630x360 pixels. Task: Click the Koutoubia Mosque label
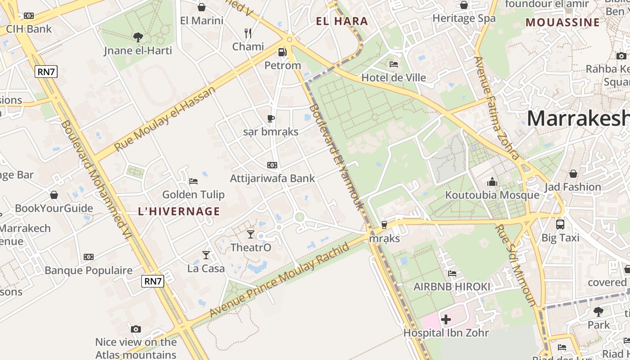492,195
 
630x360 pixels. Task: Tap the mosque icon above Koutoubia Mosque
492,182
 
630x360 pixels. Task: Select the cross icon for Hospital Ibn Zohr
446,319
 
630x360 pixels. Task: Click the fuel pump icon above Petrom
283,52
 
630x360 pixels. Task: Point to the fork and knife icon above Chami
247,33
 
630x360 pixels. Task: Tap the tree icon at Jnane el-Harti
138,37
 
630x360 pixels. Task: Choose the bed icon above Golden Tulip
193,181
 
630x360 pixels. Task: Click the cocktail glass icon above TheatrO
251,234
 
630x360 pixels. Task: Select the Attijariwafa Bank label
272,178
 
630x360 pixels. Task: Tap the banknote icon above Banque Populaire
89,257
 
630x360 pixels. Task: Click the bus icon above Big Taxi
560,224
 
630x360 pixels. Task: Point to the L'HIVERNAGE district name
179,211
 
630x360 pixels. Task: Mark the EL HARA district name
342,21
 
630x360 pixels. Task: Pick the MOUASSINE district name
562,22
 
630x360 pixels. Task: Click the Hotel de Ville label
394,77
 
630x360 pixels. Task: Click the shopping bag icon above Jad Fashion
573,174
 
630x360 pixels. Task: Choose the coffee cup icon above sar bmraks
271,118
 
